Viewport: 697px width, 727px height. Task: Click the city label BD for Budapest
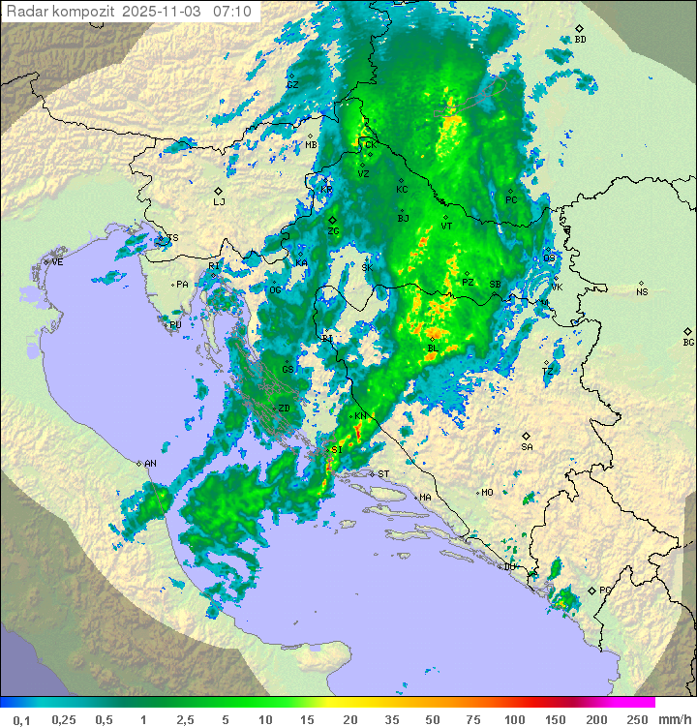[580, 40]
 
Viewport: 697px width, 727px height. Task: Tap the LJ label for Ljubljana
[219, 202]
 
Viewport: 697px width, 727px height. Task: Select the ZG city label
[333, 232]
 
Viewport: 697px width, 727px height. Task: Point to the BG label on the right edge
[688, 343]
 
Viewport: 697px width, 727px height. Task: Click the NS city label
[642, 292]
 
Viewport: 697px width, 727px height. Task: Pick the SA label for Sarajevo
[527, 447]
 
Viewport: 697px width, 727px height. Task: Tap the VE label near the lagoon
[57, 262]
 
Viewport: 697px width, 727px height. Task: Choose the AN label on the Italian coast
[150, 464]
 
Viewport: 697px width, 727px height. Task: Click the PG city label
[605, 591]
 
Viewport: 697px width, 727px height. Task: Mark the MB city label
[311, 145]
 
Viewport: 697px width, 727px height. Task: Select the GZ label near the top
[292, 85]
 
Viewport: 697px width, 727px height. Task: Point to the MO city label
[487, 493]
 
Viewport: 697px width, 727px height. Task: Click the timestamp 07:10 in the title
[232, 11]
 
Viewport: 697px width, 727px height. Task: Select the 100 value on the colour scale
[514, 719]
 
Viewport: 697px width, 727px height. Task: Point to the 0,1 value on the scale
[21, 719]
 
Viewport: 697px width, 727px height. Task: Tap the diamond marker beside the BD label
[579, 29]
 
